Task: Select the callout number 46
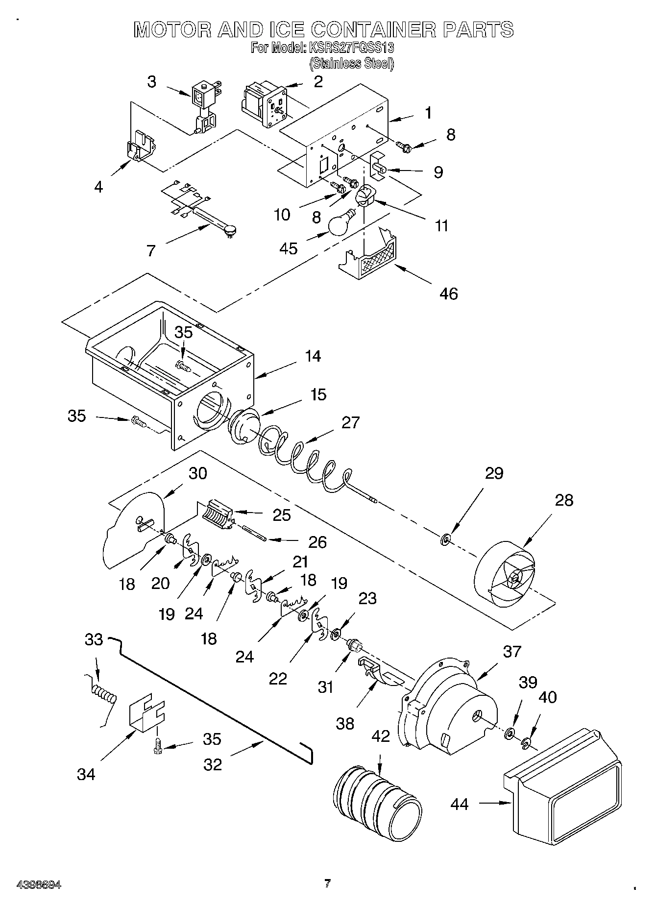(x=448, y=294)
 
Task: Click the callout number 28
(x=564, y=500)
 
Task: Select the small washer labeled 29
(x=446, y=540)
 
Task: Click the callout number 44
(x=459, y=804)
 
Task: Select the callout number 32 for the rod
(x=213, y=764)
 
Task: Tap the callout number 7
(x=151, y=251)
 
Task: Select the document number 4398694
(x=39, y=885)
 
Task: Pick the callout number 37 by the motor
(x=512, y=652)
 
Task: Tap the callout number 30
(x=198, y=473)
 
